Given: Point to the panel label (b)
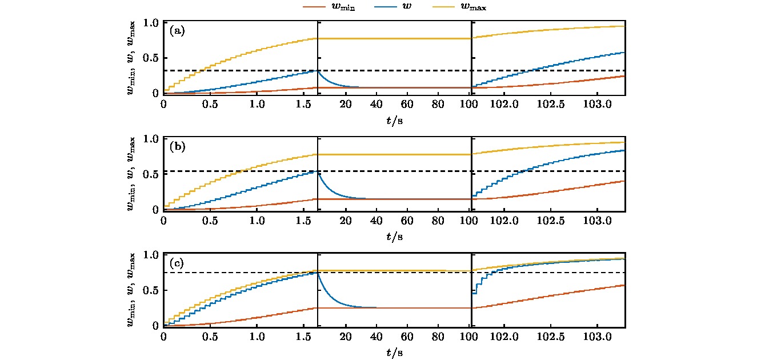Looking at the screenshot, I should click(x=177, y=147).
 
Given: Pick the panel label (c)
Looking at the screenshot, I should click(x=177, y=263).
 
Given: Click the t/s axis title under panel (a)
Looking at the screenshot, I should click(x=395, y=121).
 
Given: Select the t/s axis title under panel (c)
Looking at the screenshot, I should click(x=395, y=353).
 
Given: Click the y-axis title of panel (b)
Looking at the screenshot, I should click(x=132, y=174).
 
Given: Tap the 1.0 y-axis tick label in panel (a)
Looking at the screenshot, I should click(x=152, y=23).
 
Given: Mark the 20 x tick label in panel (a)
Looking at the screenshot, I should click(x=345, y=105).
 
